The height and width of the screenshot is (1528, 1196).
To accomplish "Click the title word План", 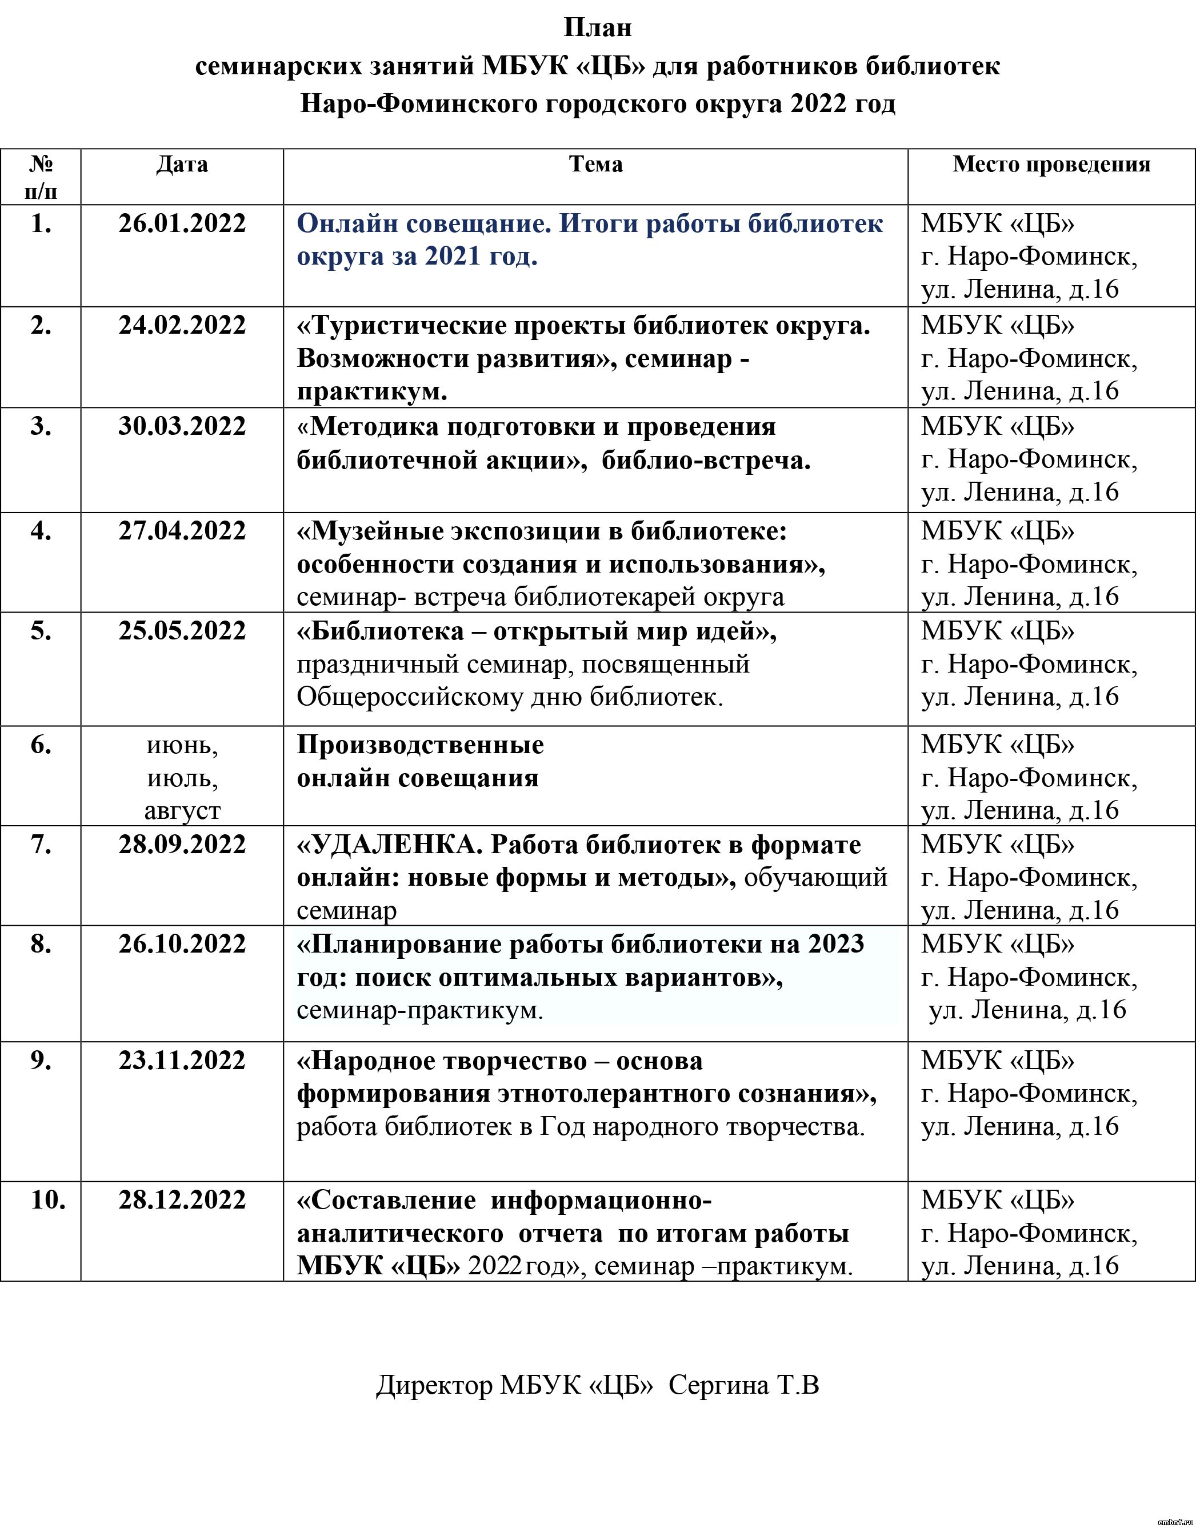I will pos(597,28).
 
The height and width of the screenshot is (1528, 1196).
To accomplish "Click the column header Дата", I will pos(182,165).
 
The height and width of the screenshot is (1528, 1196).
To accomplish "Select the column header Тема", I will pos(595,165).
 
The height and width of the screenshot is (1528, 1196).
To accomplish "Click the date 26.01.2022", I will pos(182,224).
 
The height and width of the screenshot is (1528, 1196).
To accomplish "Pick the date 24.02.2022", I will pos(182,326).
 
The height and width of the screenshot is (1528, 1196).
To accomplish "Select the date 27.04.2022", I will pos(182,531).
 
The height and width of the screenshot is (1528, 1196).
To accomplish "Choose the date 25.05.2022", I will pos(182,631).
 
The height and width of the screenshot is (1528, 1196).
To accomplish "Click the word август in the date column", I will pos(182,810).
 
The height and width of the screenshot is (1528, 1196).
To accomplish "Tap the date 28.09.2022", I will pos(182,845).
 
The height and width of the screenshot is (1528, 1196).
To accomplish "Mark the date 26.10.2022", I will pos(182,944).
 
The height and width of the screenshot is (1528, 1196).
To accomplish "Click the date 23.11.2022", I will pos(182,1061).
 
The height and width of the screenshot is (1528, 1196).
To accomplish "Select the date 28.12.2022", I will pos(182,1200).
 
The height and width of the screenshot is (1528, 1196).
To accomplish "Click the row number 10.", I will pos(47,1200).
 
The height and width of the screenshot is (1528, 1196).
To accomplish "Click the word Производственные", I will pos(420,745).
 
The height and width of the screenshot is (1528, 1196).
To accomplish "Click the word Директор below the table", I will pos(434,1386).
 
